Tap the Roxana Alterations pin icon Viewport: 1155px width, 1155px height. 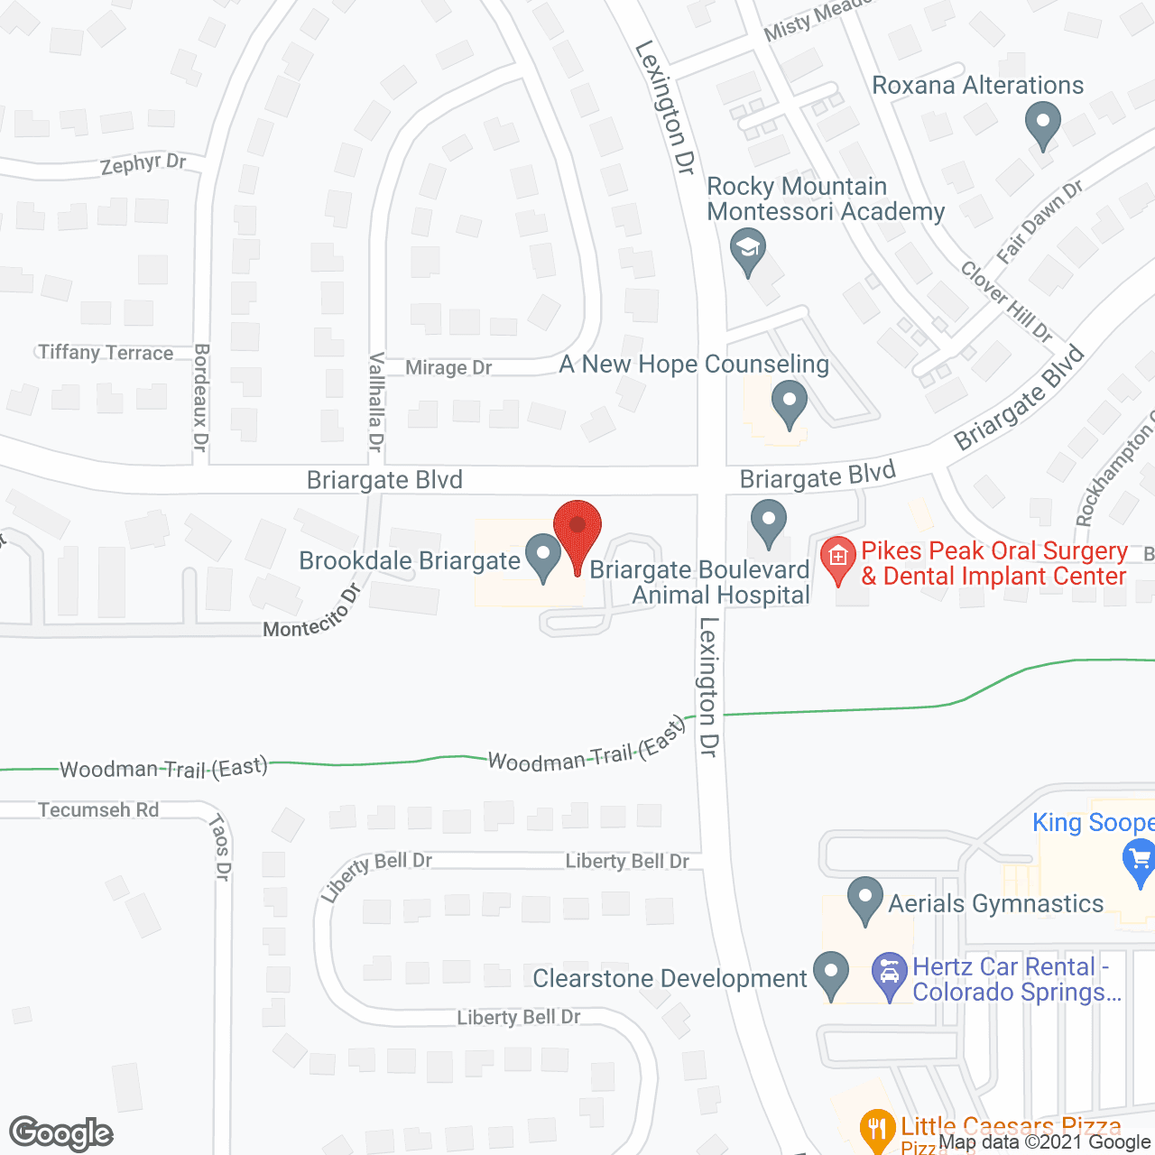1043,125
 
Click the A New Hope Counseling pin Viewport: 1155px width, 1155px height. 790,403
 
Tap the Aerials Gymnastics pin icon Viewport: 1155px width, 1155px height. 865,901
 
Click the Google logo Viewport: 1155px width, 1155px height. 61,1133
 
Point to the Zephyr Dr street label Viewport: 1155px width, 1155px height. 143,164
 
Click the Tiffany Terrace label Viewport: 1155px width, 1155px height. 106,353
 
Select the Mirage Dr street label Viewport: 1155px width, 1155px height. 448,368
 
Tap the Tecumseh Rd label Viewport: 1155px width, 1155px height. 98,810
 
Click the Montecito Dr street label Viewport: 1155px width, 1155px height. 312,613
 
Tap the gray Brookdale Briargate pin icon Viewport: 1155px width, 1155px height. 543,557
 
